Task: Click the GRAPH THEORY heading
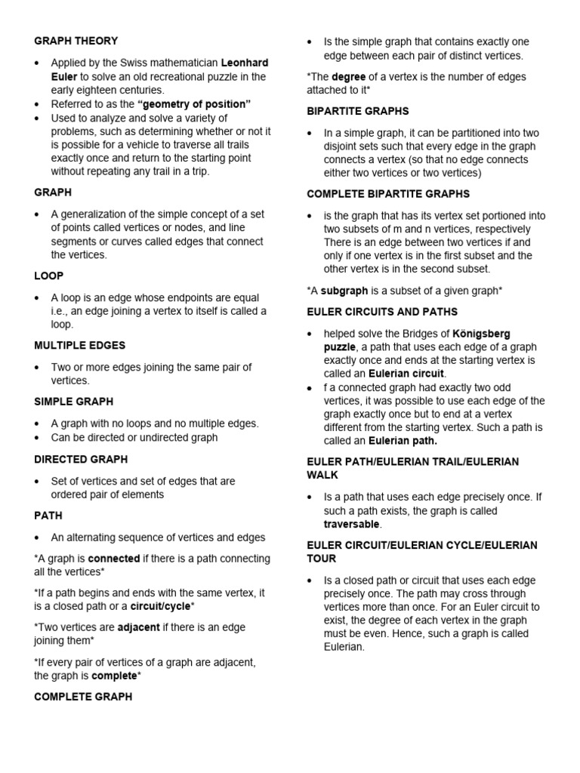76,41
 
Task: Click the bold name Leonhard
244,63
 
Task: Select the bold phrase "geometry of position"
194,104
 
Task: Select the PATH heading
48,516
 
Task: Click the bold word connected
114,559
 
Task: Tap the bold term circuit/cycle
160,606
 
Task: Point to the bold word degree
349,76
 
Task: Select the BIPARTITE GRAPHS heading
358,111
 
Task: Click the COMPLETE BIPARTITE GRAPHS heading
388,194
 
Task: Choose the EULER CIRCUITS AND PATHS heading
382,312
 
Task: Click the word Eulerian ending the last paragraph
344,647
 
